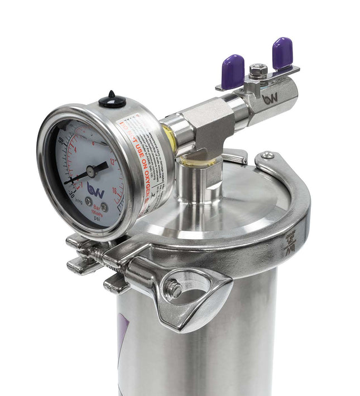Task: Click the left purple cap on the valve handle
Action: (x=232, y=71)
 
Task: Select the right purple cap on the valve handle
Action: (x=282, y=54)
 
